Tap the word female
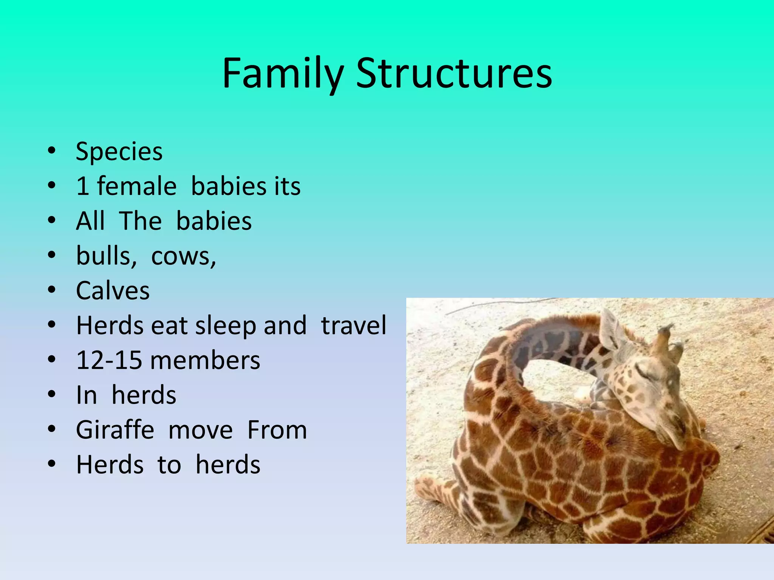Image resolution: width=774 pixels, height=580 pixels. pyautogui.click(x=136, y=186)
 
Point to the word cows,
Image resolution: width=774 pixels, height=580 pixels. pyautogui.click(x=184, y=256)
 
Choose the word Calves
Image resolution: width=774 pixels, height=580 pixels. pyautogui.click(x=113, y=291)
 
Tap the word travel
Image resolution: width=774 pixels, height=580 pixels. pyautogui.click(x=353, y=325)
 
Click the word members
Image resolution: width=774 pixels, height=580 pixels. pyautogui.click(x=205, y=360)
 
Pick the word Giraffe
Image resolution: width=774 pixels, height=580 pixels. pyautogui.click(x=115, y=430)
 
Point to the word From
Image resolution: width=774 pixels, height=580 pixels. pyautogui.click(x=277, y=430)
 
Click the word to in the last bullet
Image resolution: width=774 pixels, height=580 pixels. pyautogui.click(x=169, y=465)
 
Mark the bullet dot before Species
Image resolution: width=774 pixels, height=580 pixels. pyautogui.click(x=52, y=151)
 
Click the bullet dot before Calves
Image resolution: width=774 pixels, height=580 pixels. pyautogui.click(x=52, y=290)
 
